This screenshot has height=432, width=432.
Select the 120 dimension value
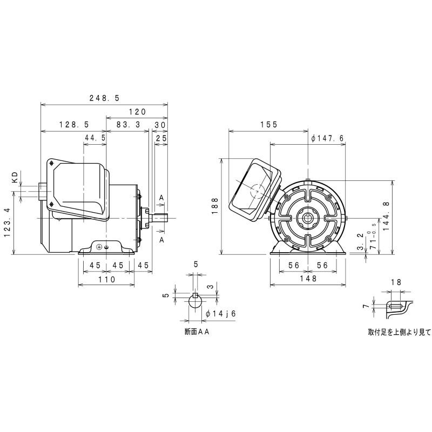pyautogui.click(x=137, y=112)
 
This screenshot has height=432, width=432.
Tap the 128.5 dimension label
pyautogui.click(x=73, y=124)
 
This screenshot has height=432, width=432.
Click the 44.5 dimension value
pyautogui.click(x=94, y=138)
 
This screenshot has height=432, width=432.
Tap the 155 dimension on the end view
pyautogui.click(x=268, y=124)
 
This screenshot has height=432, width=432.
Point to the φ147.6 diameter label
pyautogui.click(x=328, y=138)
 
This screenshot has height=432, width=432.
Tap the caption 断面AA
pyautogui.click(x=196, y=333)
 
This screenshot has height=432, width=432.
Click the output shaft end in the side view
pyautogui.click(x=162, y=218)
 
